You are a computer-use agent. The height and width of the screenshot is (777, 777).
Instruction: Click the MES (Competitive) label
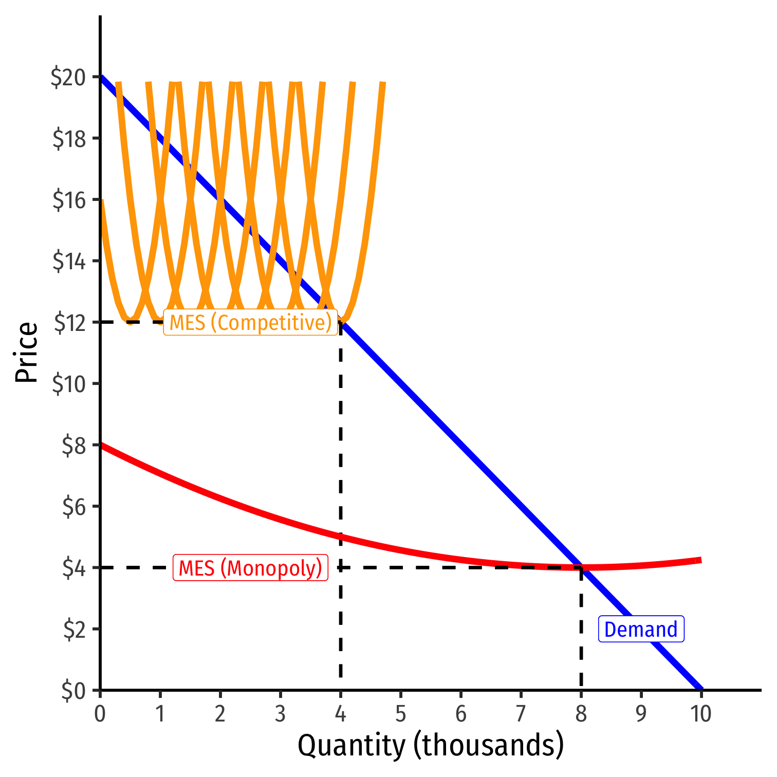pyautogui.click(x=250, y=323)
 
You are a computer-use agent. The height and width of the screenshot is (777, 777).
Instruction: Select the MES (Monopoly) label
pyautogui.click(x=250, y=568)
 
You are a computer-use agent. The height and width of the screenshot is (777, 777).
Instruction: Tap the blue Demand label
pyautogui.click(x=641, y=630)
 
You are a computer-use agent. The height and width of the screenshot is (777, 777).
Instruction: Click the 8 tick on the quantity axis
pyautogui.click(x=581, y=714)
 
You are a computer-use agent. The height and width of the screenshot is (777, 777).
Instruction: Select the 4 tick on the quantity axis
pyautogui.click(x=340, y=714)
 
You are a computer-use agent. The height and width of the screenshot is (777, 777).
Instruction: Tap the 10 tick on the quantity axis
pyautogui.click(x=700, y=714)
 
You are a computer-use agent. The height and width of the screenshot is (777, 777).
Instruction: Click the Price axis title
pyautogui.click(x=26, y=353)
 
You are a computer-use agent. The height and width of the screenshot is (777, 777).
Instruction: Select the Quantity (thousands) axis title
pyautogui.click(x=431, y=746)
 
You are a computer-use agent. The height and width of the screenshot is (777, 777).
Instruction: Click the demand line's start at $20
pyautogui.click(x=101, y=77)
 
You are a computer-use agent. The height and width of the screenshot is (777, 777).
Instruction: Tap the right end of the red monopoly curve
pyautogui.click(x=700, y=560)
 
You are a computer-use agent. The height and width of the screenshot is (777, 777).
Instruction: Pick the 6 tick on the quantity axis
pyautogui.click(x=461, y=714)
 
